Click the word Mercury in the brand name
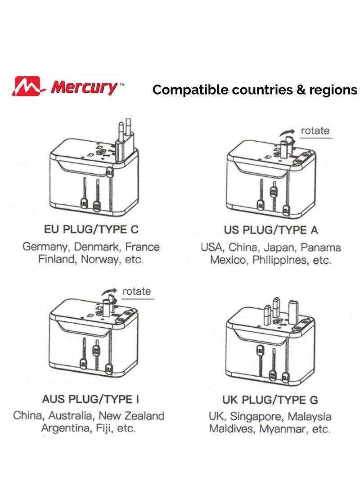(84, 86)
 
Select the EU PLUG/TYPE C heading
(91, 230)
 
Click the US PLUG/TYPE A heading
(271, 230)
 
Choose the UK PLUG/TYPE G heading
(270, 400)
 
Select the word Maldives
(233, 429)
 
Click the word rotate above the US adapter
(315, 131)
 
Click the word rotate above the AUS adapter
(136, 291)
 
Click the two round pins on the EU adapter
(123, 131)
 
